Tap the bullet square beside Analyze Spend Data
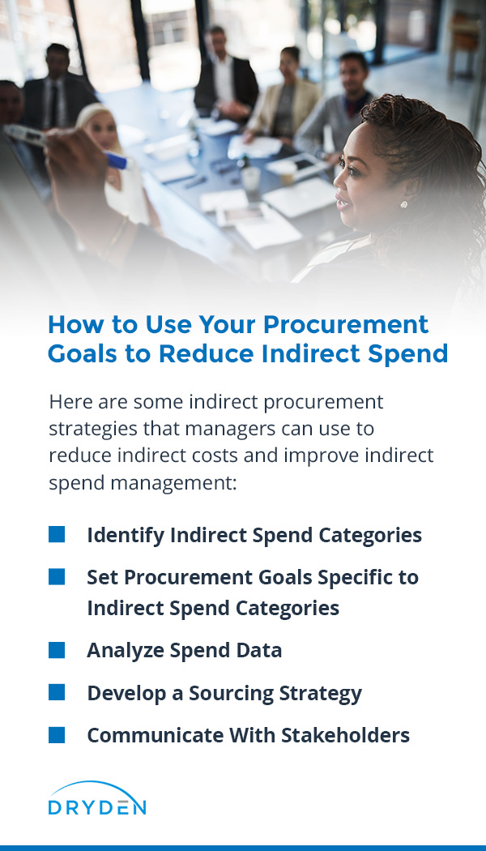coord(57,650)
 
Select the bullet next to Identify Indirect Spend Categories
coord(57,534)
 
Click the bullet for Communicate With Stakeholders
coord(57,735)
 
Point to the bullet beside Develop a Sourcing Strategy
coord(57,692)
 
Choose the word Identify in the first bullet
coord(126,536)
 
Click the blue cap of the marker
coord(117,160)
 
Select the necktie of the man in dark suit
coord(53,103)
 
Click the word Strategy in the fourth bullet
coord(319,694)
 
